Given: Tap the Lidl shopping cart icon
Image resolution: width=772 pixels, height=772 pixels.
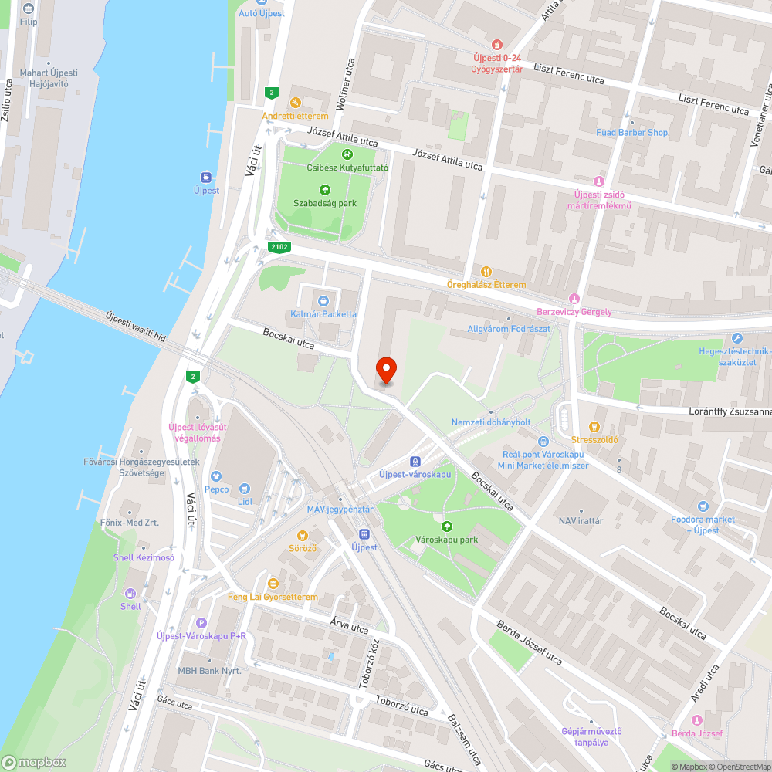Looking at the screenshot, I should (245, 488).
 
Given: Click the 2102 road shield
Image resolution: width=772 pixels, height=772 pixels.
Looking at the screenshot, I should (279, 247).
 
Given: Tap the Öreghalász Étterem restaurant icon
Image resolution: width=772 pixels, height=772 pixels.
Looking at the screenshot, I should (486, 271).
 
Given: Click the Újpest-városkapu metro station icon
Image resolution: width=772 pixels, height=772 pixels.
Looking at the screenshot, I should (415, 460).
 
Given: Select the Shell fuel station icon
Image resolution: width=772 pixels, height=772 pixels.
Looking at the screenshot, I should (130, 593).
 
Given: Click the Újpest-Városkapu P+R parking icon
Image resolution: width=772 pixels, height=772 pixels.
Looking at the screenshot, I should (202, 623).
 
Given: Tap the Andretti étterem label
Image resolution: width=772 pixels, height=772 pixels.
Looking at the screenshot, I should (296, 116).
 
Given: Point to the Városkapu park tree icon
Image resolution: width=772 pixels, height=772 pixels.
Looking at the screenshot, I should (447, 526).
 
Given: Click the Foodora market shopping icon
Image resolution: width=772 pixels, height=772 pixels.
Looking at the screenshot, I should (703, 506).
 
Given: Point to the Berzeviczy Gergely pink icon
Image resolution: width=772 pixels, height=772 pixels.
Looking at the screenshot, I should (574, 299).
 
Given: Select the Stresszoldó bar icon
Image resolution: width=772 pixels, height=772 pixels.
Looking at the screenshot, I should (594, 426).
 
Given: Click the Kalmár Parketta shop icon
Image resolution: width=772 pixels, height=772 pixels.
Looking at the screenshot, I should (323, 300).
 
